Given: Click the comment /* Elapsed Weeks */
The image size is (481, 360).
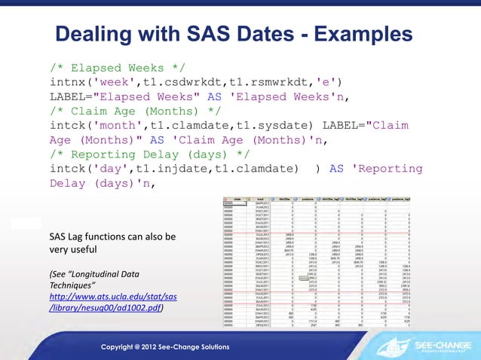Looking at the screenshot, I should (x=113, y=66).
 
